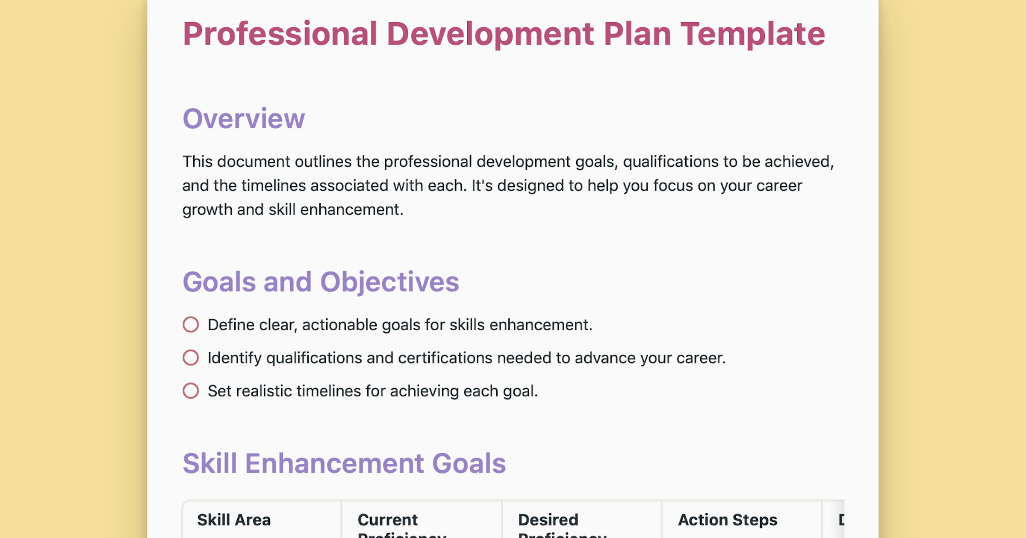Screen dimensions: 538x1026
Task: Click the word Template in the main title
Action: pos(752,34)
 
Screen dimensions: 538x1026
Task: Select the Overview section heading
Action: pos(244,118)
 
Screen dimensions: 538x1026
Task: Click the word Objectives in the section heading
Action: pos(389,282)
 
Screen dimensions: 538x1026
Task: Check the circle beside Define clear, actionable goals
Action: pos(191,325)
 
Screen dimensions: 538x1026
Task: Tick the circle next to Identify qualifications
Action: pos(191,358)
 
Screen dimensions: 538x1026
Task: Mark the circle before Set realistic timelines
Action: pos(191,391)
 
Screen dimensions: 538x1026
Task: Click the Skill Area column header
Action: pos(234,520)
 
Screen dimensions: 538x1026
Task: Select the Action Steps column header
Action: pos(728,520)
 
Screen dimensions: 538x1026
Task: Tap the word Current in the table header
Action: pos(387,520)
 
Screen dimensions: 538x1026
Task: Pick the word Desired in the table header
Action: pos(548,520)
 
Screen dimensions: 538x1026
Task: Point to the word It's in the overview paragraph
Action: pos(482,186)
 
